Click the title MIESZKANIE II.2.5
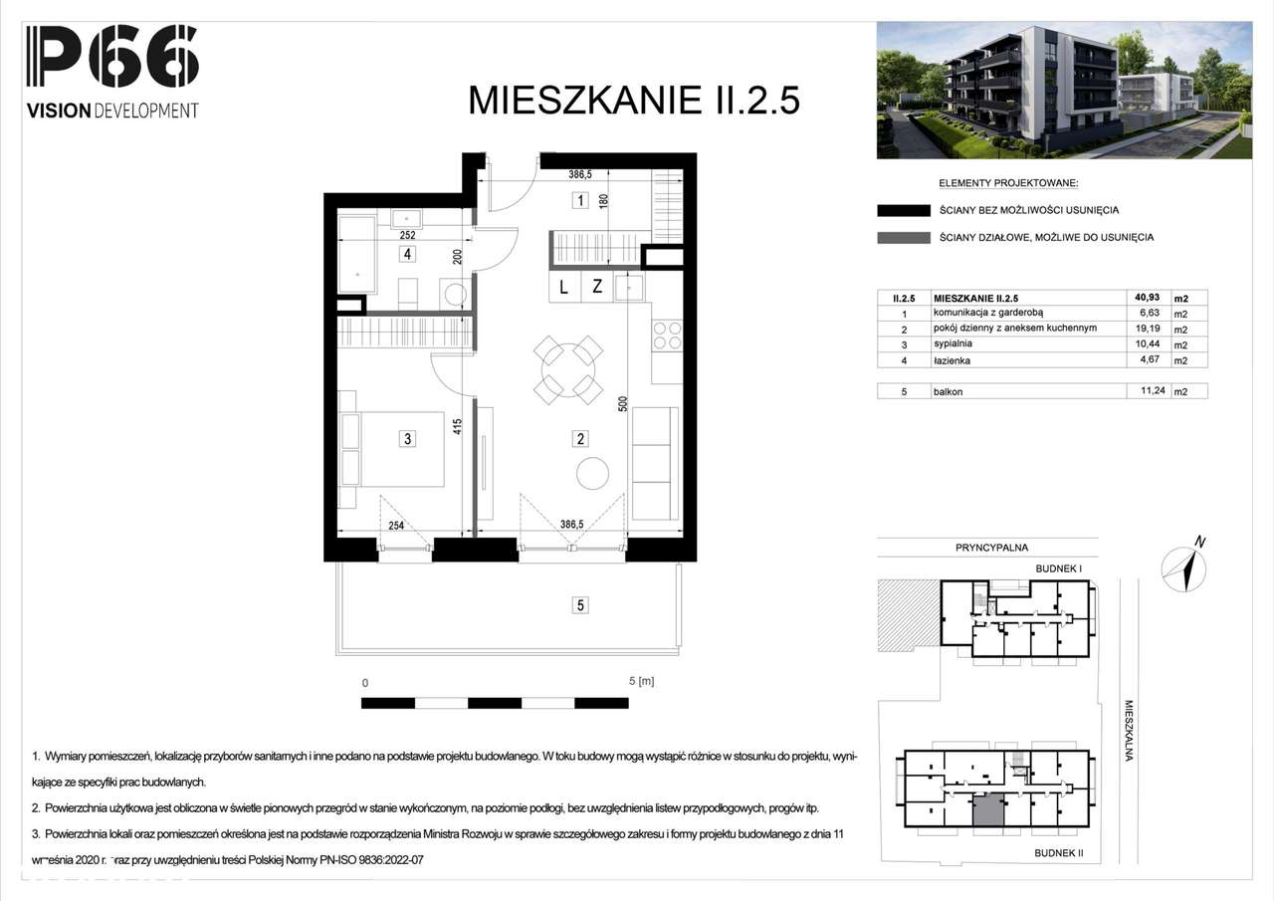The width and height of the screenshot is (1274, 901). click(x=634, y=102)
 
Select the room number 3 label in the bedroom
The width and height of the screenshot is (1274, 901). click(x=407, y=437)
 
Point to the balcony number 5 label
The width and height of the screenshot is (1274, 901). click(x=579, y=603)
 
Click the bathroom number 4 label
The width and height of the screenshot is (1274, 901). click(x=407, y=254)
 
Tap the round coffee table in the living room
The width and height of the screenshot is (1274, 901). click(x=593, y=473)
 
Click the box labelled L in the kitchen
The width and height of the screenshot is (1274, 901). click(x=563, y=288)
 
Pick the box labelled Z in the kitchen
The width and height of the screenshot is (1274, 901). click(x=597, y=288)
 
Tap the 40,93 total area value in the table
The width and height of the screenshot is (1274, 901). click(x=1147, y=297)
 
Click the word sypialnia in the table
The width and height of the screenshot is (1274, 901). click(x=954, y=343)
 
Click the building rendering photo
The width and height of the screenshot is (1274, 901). click(x=1063, y=91)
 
